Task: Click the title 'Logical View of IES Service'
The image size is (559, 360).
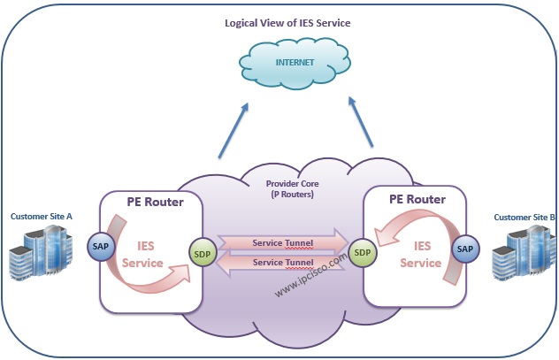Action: (x=287, y=23)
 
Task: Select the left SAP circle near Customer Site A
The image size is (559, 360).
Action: (x=101, y=246)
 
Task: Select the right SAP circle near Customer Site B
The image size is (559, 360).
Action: (x=465, y=249)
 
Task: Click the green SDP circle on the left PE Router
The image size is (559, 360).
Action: (x=203, y=254)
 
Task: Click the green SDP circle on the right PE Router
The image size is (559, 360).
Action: (x=363, y=253)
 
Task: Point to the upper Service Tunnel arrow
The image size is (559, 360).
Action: (x=283, y=242)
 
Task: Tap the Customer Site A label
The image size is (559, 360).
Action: (x=42, y=217)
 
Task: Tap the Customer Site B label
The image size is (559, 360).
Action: (x=525, y=217)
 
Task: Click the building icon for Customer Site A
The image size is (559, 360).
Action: (x=41, y=252)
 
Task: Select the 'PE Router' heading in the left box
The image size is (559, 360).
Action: (x=156, y=202)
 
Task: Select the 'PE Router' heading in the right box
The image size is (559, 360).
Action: (x=417, y=199)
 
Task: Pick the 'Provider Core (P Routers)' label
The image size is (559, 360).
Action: (x=293, y=189)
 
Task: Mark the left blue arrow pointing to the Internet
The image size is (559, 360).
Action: (x=234, y=130)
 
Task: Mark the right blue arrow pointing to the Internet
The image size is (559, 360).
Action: (x=360, y=121)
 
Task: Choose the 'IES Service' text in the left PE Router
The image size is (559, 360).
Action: (x=142, y=255)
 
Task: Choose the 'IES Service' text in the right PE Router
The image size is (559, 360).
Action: (x=421, y=255)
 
